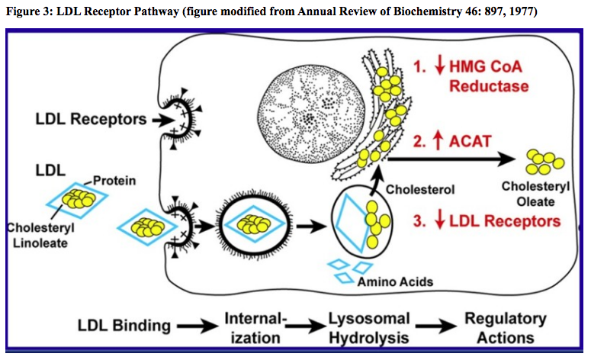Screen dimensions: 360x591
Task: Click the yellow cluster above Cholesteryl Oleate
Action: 543,159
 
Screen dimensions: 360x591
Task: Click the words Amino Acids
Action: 395,281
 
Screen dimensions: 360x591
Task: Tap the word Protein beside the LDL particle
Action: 115,180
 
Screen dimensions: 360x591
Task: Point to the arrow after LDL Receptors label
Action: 161,119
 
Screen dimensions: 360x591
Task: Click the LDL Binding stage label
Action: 124,326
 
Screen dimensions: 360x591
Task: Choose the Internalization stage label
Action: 254,326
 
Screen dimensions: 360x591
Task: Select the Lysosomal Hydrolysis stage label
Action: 369,326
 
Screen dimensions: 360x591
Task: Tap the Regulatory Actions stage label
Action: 506,326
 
